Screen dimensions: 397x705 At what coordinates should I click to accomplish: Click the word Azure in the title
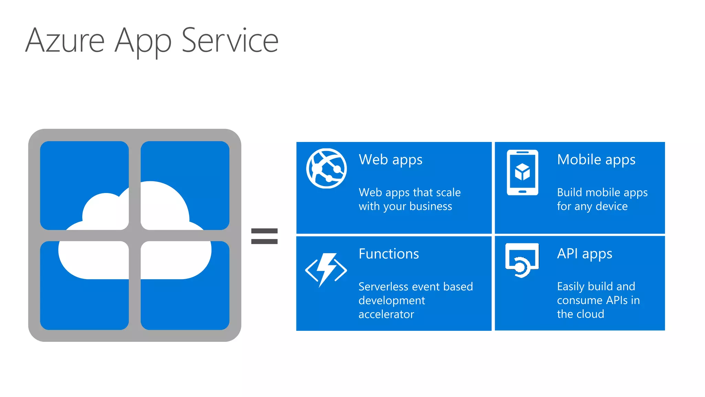(x=65, y=41)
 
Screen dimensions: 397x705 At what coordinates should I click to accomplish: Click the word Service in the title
(x=230, y=41)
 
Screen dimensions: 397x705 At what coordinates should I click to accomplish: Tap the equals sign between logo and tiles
(x=264, y=236)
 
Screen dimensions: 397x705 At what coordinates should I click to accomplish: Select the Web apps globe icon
(x=326, y=169)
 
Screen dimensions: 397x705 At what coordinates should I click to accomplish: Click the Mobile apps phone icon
(x=522, y=172)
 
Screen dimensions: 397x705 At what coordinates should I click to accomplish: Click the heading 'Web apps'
(x=390, y=160)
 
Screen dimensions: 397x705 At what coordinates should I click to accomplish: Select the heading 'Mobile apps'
(x=596, y=160)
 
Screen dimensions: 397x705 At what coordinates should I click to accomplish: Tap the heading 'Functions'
(x=389, y=254)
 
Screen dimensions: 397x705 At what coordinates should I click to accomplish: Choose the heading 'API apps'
(x=585, y=254)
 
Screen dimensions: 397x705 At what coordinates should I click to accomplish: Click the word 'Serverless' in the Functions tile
(x=382, y=287)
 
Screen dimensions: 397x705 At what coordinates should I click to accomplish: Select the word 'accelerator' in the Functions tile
(x=386, y=314)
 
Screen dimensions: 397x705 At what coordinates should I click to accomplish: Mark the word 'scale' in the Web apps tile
(x=447, y=192)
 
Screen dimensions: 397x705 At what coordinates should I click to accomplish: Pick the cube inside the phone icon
(x=522, y=172)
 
